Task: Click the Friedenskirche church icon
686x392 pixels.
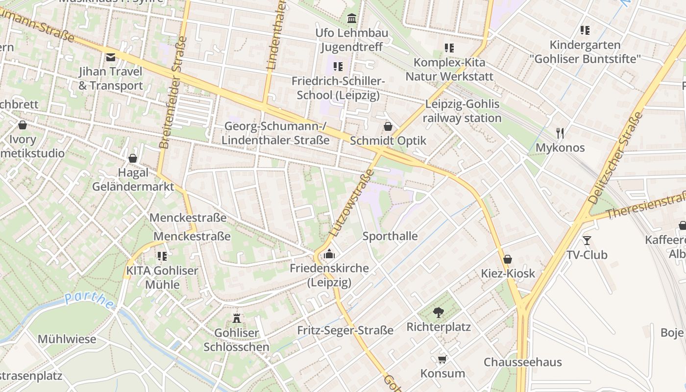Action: tap(329, 254)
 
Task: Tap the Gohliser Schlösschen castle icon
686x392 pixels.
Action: tap(237, 318)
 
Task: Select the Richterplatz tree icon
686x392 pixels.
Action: tap(439, 312)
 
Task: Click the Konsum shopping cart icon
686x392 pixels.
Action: tap(442, 360)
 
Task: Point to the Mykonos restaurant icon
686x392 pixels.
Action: tap(560, 133)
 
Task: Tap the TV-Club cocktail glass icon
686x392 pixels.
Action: tap(587, 240)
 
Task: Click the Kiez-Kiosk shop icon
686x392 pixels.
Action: tap(508, 259)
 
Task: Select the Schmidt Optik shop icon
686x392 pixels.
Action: tap(388, 126)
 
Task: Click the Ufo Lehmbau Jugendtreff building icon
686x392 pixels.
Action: tap(351, 19)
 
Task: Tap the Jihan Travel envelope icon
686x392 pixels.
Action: tap(111, 57)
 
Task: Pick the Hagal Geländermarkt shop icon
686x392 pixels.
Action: tap(132, 158)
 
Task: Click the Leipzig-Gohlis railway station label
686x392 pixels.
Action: tap(462, 111)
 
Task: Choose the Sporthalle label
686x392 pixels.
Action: tap(390, 236)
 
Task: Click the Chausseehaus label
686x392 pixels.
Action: tap(522, 362)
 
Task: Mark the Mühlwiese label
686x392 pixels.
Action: tap(67, 339)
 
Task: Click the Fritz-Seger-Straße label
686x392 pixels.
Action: tap(345, 330)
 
